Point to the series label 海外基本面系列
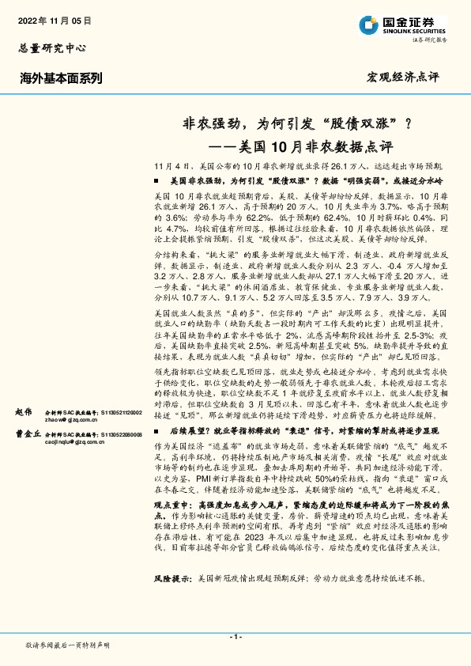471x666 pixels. (61, 78)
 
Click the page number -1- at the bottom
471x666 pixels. (235, 636)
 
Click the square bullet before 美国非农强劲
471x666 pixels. (160, 181)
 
